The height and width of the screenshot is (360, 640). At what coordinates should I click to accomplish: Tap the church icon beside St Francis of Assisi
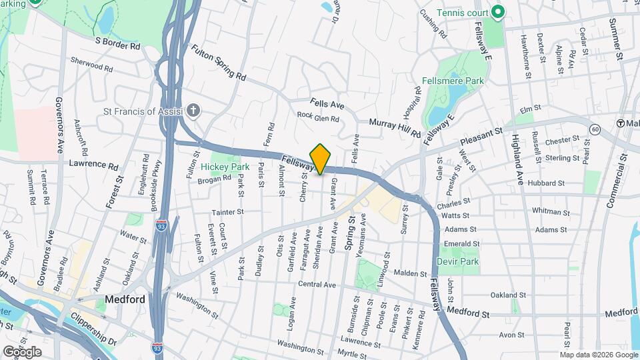[193, 111]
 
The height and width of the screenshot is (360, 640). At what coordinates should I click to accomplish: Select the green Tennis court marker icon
[495, 12]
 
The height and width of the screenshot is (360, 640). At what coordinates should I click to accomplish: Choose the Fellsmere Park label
[452, 81]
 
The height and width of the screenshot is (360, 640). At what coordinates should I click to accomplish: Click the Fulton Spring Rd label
[218, 63]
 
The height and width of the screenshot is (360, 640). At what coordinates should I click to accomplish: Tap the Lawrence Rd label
[93, 164]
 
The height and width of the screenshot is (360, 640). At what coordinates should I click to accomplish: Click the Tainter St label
[228, 212]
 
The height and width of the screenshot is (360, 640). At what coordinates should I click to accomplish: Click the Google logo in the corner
[21, 351]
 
